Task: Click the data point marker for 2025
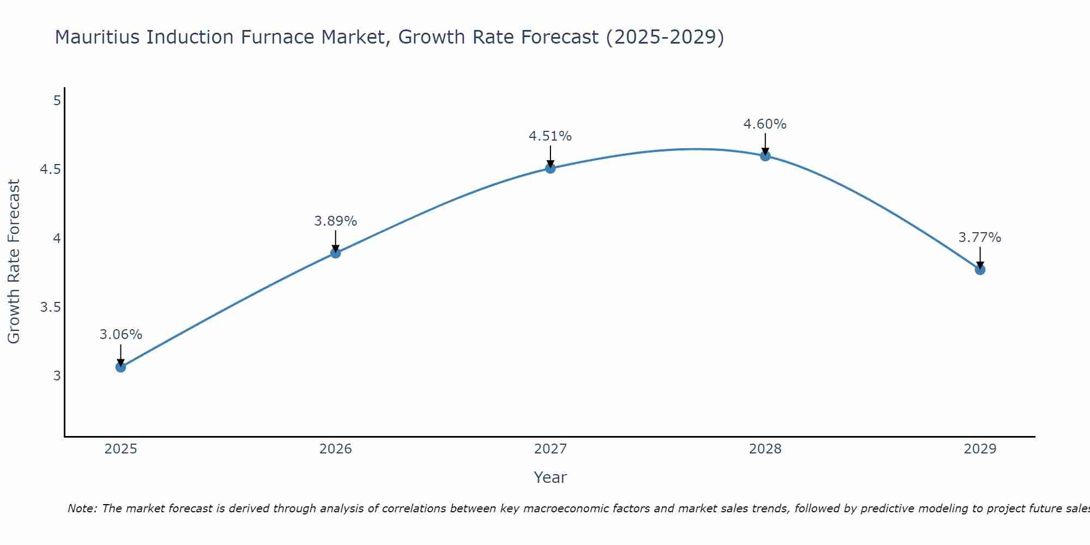tap(120, 367)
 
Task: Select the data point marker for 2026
tap(335, 253)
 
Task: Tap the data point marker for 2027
tap(550, 168)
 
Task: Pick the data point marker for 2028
tap(765, 156)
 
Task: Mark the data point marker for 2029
tap(980, 270)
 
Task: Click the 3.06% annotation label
tap(120, 335)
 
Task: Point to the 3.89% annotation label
tap(335, 221)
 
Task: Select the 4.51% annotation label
tap(550, 136)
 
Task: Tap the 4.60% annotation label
tap(765, 124)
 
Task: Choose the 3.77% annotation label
tap(980, 238)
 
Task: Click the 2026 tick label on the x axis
tap(335, 449)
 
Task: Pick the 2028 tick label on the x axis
tap(765, 449)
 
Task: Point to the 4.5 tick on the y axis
tap(50, 169)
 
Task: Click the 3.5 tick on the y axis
tap(50, 307)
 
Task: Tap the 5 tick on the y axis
tap(57, 101)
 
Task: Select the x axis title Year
tap(550, 477)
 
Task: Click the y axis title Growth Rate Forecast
tap(14, 262)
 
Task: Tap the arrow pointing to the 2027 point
tap(550, 156)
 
